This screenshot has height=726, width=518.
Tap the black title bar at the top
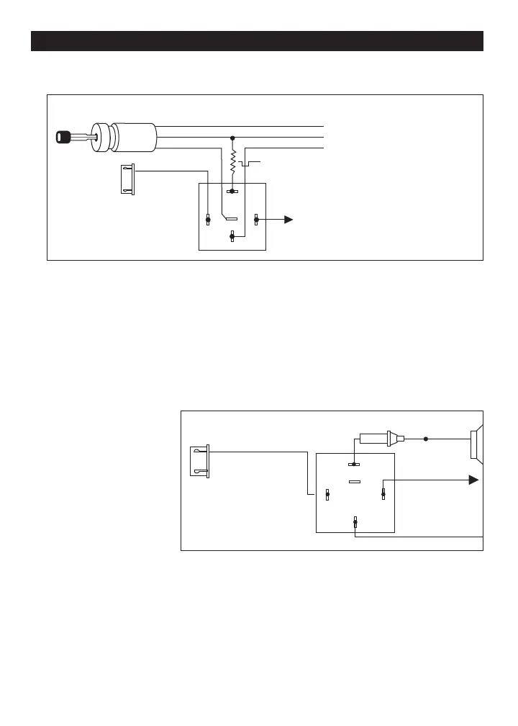[x=257, y=41]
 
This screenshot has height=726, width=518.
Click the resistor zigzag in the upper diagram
[x=232, y=163]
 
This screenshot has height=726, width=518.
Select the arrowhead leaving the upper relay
[x=288, y=220]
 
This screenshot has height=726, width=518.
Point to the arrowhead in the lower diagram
[x=473, y=480]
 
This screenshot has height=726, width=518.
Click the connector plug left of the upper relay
[x=127, y=179]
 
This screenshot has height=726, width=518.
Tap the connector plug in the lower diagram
[x=199, y=461]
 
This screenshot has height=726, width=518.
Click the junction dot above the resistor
[x=232, y=137]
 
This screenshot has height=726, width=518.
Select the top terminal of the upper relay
[x=232, y=192]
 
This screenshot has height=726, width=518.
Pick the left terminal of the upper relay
[x=208, y=220]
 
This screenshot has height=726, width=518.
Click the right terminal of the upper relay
[x=256, y=220]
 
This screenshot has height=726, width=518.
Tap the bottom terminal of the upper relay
[x=232, y=236]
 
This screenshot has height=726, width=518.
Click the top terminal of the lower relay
[x=354, y=465]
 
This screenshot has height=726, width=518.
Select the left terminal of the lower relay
[x=327, y=494]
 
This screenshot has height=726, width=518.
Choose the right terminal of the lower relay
[x=383, y=494]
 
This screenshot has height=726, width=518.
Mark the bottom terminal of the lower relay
[x=355, y=523]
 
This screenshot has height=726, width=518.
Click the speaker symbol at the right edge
[x=476, y=444]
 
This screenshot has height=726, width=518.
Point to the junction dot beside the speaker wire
[x=426, y=438]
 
